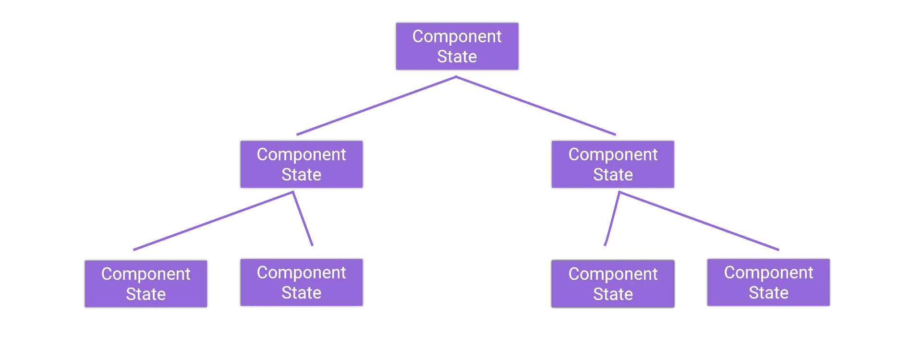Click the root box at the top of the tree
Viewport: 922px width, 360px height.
pos(457,47)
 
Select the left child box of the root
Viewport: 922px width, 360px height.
pos(301,164)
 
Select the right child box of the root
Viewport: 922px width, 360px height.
pos(613,164)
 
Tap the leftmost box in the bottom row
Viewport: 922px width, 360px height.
pos(146,283)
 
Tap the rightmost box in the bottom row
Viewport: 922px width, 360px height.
pos(768,282)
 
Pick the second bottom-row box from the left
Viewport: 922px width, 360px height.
pos(301,282)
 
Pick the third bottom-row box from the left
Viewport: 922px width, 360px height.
pos(613,283)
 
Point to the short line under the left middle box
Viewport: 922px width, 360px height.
pos(303,221)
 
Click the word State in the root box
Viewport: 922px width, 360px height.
pos(457,57)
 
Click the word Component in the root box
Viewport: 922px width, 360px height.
pos(457,36)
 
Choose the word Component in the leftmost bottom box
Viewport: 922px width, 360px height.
pos(146,274)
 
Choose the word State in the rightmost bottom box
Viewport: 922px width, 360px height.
pos(768,293)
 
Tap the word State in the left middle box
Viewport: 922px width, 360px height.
pos(301,175)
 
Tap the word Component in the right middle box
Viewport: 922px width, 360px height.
pos(613,155)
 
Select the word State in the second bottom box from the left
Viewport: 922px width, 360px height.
pos(301,293)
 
